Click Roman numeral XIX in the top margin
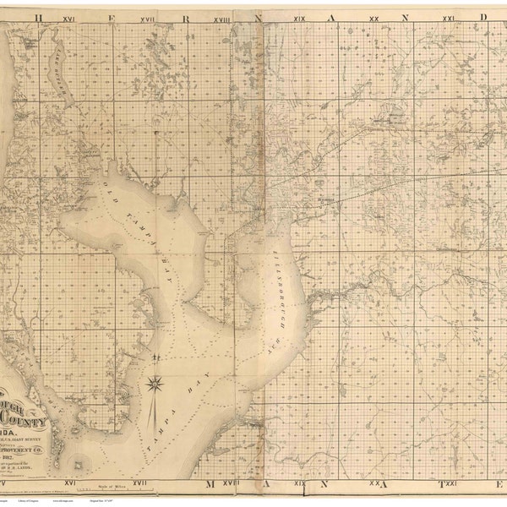[300, 17]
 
